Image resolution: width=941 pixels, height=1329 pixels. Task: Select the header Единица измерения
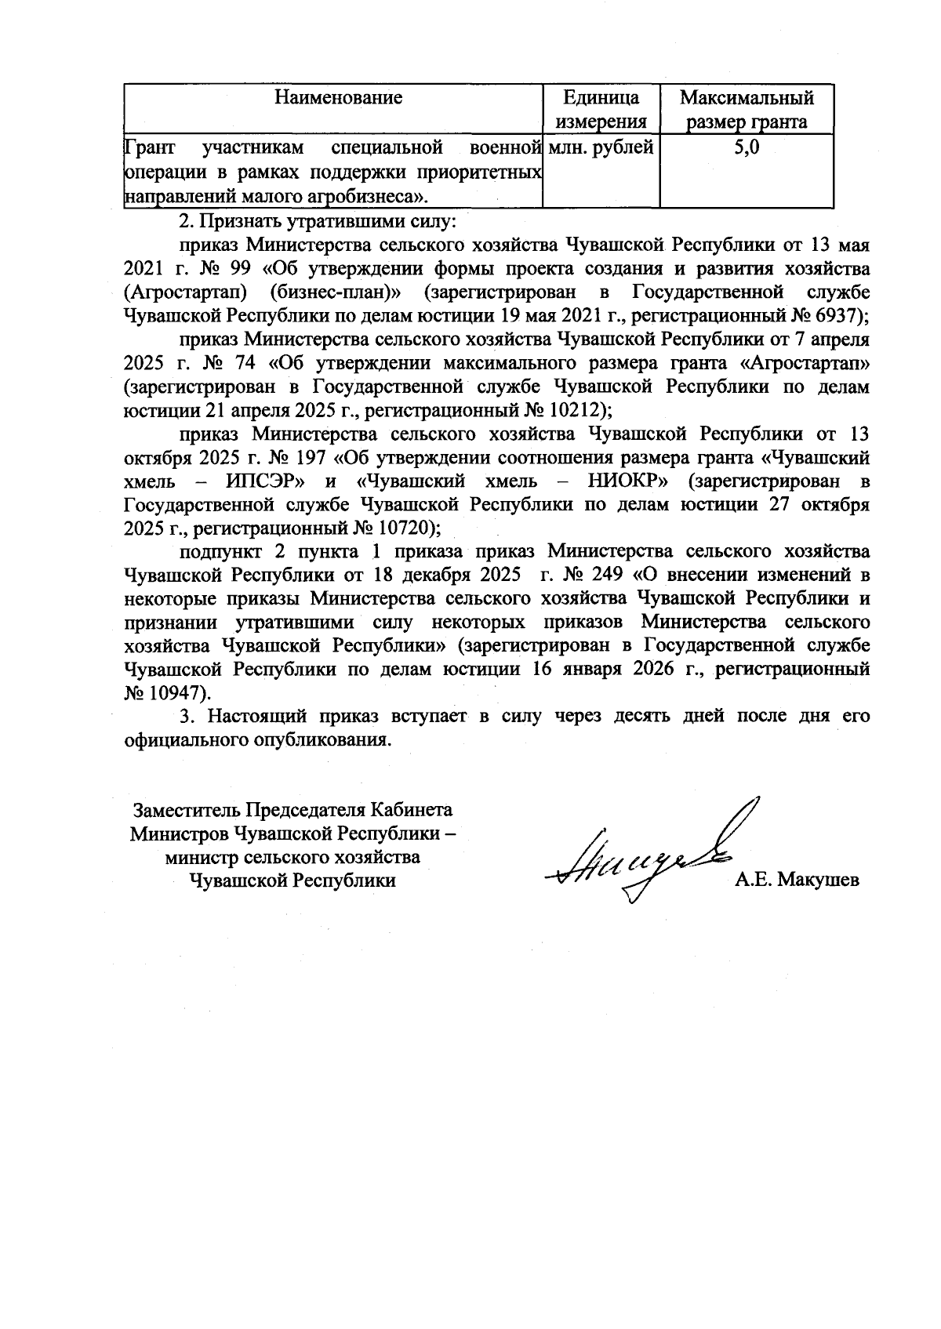pyautogui.click(x=601, y=110)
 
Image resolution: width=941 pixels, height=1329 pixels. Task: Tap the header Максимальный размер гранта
pyautogui.click(x=746, y=110)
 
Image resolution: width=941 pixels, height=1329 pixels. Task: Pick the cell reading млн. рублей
pyautogui.click(x=601, y=146)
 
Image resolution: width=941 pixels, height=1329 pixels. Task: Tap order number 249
pyautogui.click(x=602, y=575)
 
